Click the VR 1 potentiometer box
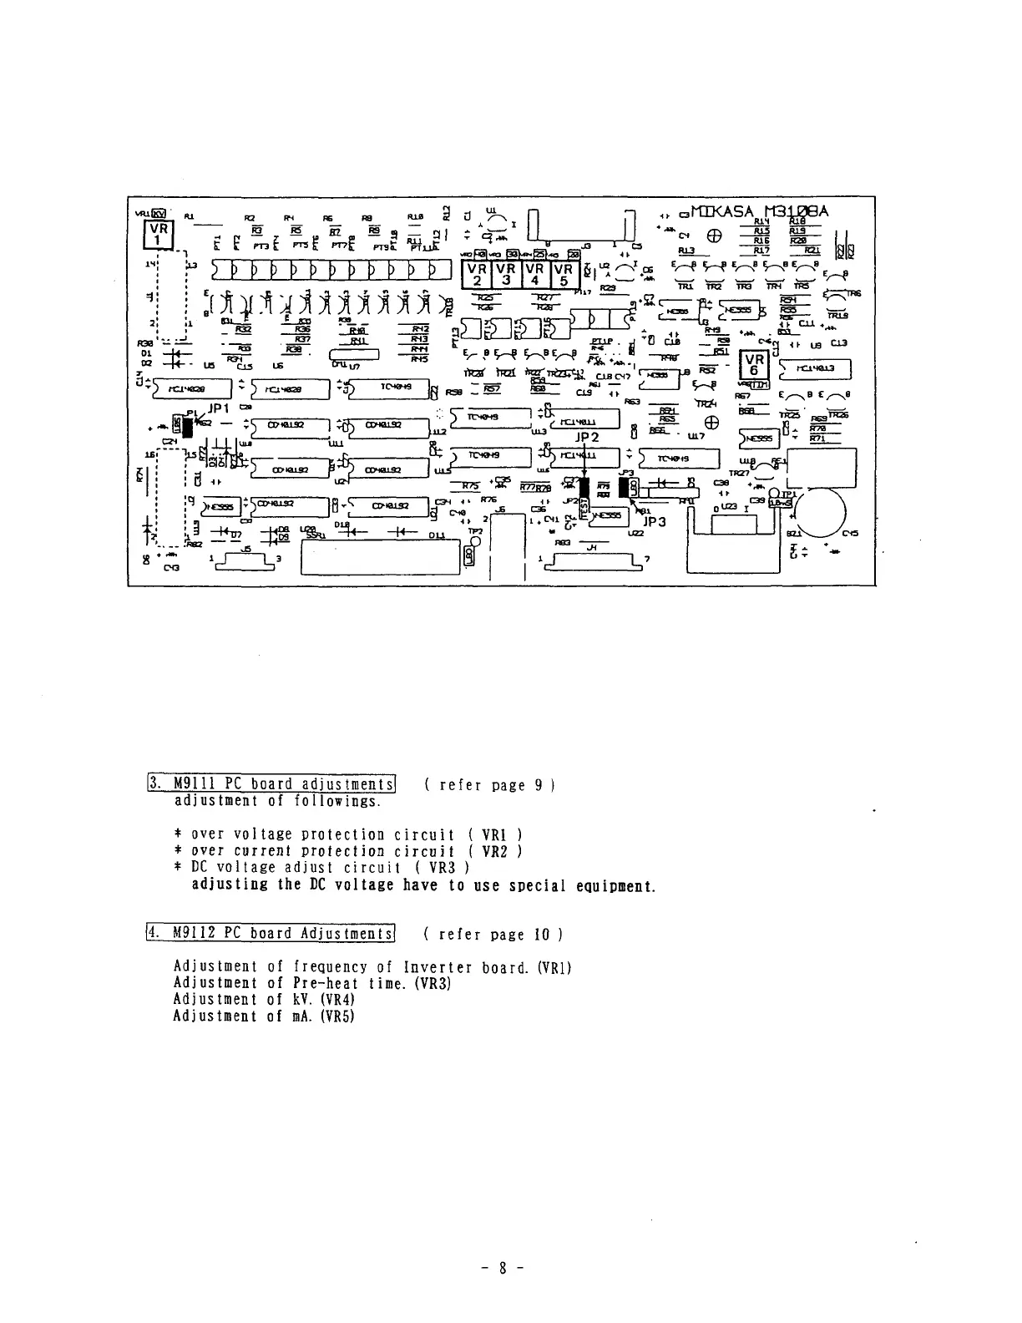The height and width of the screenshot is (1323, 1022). (x=159, y=236)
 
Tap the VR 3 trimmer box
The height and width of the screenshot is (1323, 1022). (x=507, y=275)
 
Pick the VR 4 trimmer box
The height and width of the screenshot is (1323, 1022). (x=535, y=275)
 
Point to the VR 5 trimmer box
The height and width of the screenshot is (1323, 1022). (x=564, y=275)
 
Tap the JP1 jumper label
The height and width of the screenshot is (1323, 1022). (x=219, y=409)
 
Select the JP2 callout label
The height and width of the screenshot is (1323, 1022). (x=587, y=436)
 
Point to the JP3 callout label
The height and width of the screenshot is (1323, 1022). (x=655, y=522)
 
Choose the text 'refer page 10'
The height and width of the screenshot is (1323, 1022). (x=493, y=934)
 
